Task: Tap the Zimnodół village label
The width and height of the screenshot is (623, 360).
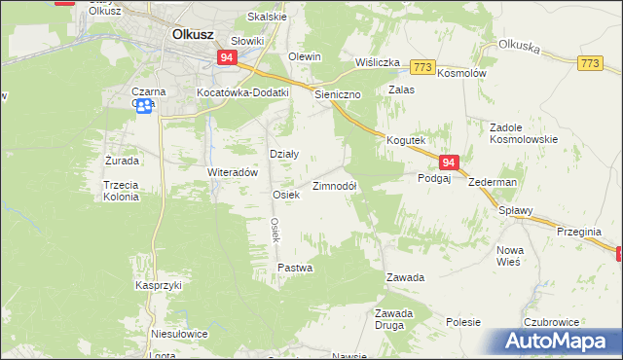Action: pos(334,186)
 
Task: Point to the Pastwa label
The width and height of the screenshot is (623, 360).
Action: pos(294,267)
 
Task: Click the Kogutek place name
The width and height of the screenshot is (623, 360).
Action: pos(407,140)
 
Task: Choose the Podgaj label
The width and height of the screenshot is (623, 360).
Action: pos(434,178)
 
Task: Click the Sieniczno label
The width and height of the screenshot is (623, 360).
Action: pos(338,95)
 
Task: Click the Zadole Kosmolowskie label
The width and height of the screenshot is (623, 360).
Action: pos(524,133)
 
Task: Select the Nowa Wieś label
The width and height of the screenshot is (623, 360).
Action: pos(510,256)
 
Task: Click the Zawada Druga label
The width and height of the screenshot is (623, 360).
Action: pos(395,318)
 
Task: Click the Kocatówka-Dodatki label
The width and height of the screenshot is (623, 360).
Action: pos(243,92)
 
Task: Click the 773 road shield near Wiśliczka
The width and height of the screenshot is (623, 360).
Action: pos(421,66)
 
